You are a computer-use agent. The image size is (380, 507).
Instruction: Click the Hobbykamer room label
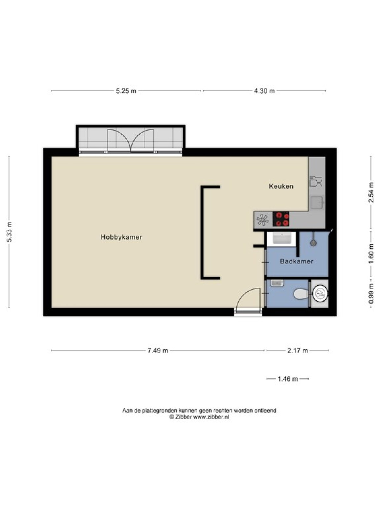pos(121,237)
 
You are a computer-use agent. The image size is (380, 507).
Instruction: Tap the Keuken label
pos(281,186)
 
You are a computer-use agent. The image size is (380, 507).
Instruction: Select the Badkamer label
pos(296,261)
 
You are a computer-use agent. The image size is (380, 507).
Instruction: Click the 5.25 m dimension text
pos(126,91)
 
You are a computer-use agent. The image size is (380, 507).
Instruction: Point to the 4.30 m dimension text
pos(264,91)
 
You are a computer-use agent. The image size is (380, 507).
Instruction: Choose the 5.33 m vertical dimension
pos(9,232)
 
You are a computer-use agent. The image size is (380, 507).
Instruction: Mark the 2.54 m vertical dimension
pos(371,192)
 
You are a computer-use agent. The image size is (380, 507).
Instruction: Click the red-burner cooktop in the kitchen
pos(281,219)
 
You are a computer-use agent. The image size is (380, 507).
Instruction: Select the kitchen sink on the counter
pos(317,202)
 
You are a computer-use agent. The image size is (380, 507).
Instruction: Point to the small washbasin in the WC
pos(277,283)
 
